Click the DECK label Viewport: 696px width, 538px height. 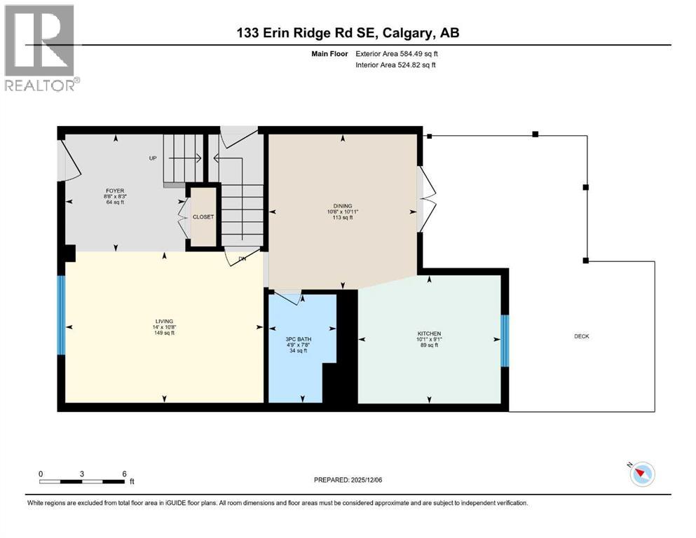pos(582,336)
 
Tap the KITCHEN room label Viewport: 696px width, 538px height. pos(428,333)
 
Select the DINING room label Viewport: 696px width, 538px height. pos(343,206)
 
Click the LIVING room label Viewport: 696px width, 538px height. pos(165,321)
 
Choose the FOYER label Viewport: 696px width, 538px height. pos(115,189)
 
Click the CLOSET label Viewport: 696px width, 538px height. pos(203,217)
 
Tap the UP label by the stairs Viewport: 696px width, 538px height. pos(153,158)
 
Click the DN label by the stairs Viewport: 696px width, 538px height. pos(243,258)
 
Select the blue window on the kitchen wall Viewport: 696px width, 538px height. pos(504,341)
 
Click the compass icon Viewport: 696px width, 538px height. pos(641,474)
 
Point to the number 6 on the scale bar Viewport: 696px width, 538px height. pos(124,474)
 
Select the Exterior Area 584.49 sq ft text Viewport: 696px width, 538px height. pos(397,53)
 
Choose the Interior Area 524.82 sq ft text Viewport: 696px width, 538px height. pos(396,65)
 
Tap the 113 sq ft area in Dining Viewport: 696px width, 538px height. pos(343,218)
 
